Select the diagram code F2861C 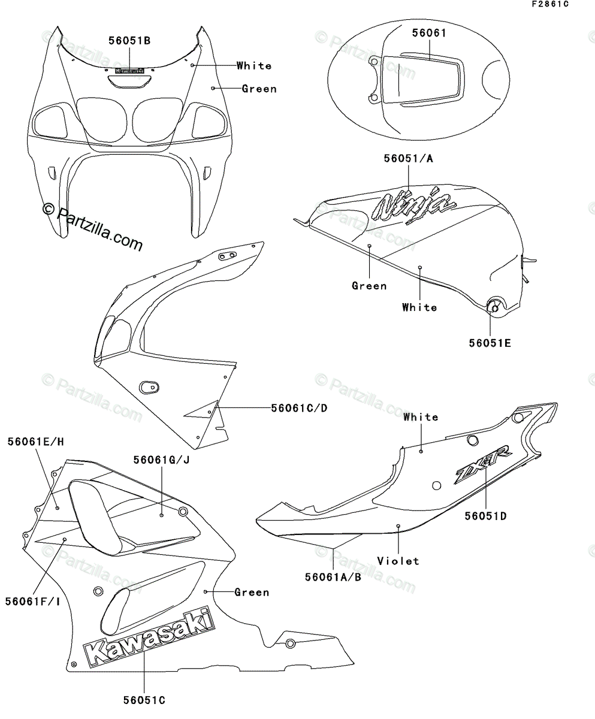(x=548, y=5)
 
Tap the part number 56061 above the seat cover (x=428, y=34)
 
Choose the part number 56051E (x=490, y=343)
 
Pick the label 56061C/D (x=299, y=408)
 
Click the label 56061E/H (x=36, y=442)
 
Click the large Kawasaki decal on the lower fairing (x=147, y=639)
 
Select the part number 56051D (x=485, y=515)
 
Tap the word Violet (x=398, y=561)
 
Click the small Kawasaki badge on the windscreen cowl (x=129, y=70)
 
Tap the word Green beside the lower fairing (x=252, y=592)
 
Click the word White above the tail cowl (x=421, y=417)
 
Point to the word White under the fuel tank (x=419, y=307)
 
